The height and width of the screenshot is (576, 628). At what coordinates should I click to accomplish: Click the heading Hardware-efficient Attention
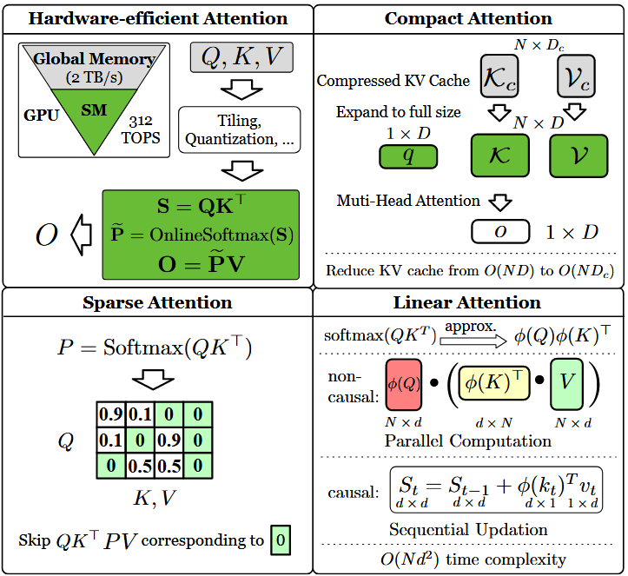tap(157, 17)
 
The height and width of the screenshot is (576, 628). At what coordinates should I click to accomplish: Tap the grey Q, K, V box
tap(241, 56)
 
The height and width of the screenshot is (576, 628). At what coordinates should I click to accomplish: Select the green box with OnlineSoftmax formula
tap(200, 234)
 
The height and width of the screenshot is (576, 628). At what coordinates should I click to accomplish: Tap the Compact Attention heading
tap(468, 18)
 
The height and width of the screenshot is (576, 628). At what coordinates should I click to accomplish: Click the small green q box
tap(408, 156)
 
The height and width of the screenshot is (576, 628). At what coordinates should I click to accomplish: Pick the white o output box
tap(499, 232)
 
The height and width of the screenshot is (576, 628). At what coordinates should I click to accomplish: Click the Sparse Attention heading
tap(157, 303)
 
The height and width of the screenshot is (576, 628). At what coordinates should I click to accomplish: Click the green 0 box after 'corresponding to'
tap(279, 540)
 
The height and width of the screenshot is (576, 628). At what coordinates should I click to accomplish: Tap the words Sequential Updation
tap(469, 529)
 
